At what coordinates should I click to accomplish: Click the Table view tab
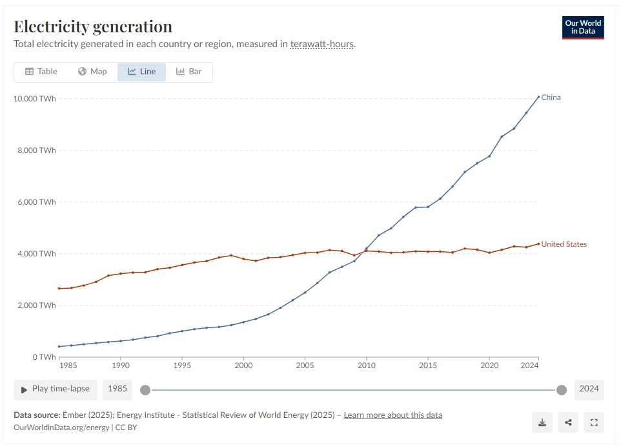(x=41, y=72)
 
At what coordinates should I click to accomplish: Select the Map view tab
(x=92, y=72)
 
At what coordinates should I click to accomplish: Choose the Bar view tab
(x=189, y=72)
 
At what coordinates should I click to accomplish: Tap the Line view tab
(x=141, y=72)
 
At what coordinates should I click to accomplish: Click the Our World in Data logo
(x=583, y=26)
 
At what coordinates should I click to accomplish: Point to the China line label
(x=551, y=98)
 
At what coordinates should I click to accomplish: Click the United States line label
(x=564, y=244)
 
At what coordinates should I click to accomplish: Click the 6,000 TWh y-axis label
(x=37, y=202)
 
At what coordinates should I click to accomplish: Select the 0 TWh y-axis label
(x=43, y=357)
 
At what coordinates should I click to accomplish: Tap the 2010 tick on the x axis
(x=367, y=366)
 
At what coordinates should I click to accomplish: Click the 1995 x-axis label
(x=182, y=366)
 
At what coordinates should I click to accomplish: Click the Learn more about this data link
(x=392, y=415)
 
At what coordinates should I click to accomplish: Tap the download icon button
(x=542, y=423)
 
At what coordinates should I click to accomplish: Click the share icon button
(x=568, y=423)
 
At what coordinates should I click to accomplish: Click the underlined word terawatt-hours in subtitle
(x=322, y=45)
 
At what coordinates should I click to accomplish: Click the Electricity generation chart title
(x=93, y=26)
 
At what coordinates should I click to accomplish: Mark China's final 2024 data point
(x=538, y=97)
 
